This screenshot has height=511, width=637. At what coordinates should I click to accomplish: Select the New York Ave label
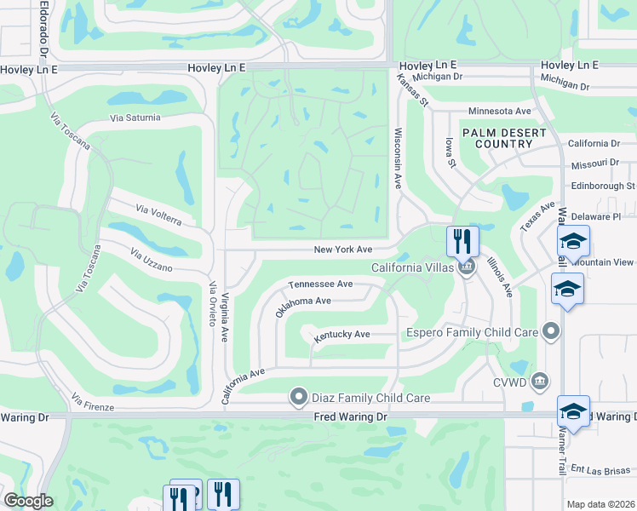tap(343, 250)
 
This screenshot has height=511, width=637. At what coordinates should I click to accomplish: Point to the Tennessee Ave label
tap(320, 284)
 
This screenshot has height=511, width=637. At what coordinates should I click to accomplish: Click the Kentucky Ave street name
tap(341, 335)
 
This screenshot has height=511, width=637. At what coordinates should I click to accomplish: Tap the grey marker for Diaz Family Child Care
tap(298, 397)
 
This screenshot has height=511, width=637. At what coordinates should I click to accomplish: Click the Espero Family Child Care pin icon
tap(552, 330)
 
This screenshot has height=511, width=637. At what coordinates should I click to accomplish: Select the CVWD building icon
tap(539, 380)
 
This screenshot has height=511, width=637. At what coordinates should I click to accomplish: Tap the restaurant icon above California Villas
tap(462, 240)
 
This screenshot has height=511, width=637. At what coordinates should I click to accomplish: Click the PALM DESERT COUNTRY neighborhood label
tap(497, 138)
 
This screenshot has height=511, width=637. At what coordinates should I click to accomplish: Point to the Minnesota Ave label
tap(499, 111)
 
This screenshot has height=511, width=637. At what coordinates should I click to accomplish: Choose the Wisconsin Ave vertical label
tap(397, 158)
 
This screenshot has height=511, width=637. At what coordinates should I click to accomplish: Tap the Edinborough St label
tap(603, 185)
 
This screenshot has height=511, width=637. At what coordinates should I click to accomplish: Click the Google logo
tap(28, 500)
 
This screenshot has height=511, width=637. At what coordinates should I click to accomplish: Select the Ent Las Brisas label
tap(600, 468)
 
